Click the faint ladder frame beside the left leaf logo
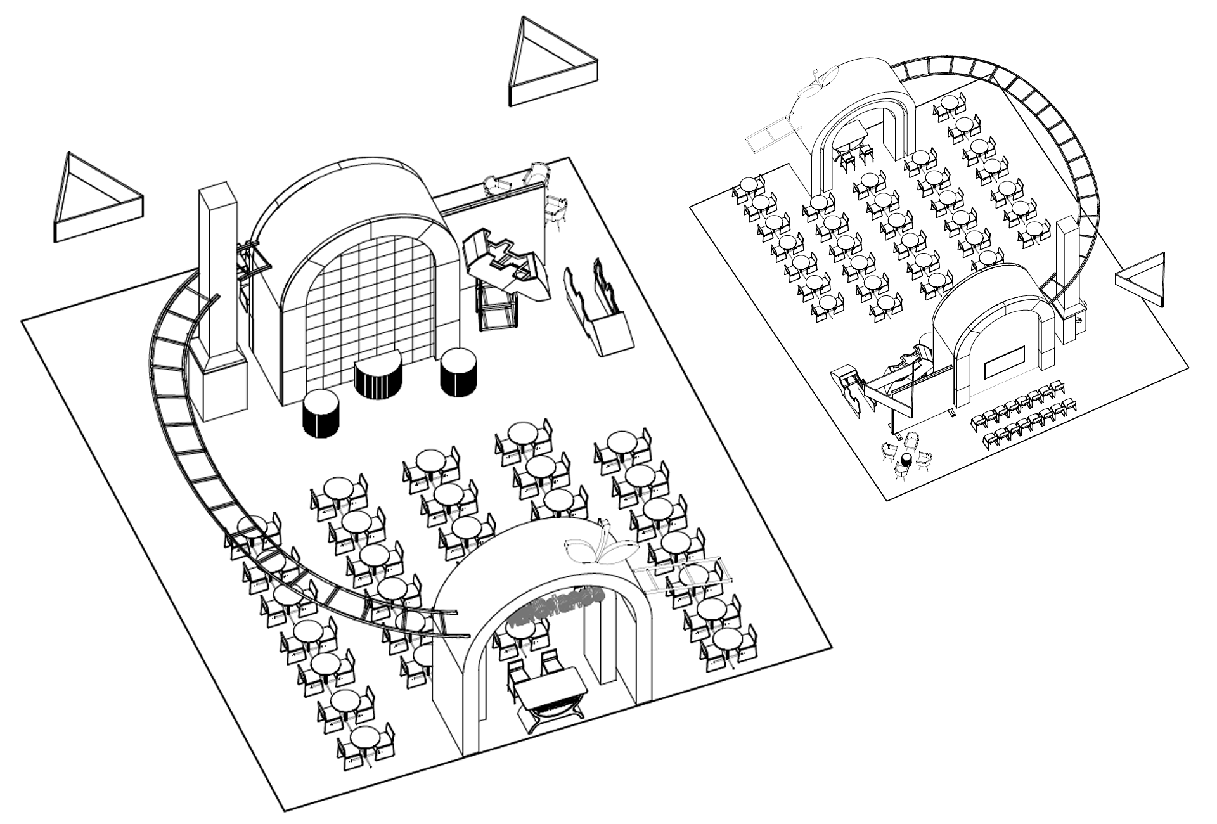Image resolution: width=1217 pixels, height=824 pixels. coord(688,577)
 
